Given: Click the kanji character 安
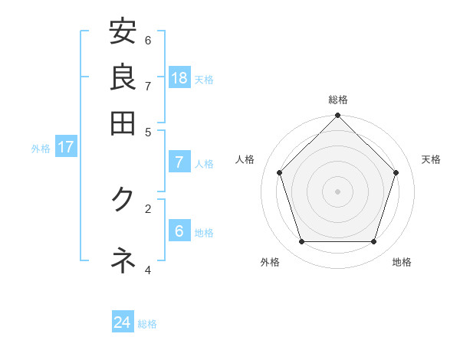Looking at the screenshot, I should (123, 33).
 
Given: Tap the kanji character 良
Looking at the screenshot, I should (123, 78).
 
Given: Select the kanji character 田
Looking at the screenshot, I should (123, 123).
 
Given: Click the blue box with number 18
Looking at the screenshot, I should (179, 78).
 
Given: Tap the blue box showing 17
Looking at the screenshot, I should (65, 147).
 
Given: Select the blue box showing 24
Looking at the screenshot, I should (123, 322).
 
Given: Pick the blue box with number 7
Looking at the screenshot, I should (179, 162).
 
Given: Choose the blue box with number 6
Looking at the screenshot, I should (179, 231).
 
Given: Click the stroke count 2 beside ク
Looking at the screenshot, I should (148, 208).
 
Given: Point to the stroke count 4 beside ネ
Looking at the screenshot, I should (148, 270).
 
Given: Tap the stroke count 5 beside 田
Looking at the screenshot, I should (148, 131).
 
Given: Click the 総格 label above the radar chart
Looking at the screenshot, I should (337, 100).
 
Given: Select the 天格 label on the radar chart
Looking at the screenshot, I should (432, 159).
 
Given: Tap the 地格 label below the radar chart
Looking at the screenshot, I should (402, 262).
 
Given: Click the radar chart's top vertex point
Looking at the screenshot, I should (337, 116).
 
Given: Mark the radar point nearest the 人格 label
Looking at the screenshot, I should (280, 172).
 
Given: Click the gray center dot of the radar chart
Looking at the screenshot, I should (337, 191).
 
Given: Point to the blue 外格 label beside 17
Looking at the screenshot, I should (41, 149).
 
